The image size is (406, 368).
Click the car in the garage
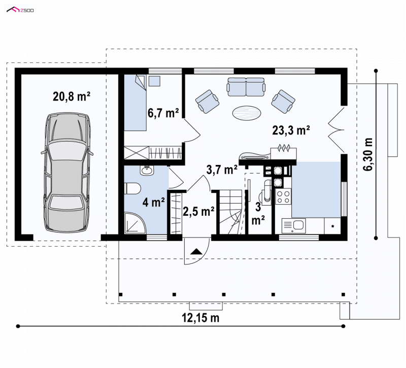pos(67,172)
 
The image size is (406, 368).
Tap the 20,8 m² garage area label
pos(72,96)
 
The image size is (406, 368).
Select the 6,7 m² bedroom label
pos(163,113)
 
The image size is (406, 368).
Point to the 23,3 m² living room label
pos(291,130)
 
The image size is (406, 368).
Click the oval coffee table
pos(247,113)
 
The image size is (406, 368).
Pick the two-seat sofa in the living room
pos(246,87)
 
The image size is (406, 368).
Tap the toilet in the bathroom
pos(132,188)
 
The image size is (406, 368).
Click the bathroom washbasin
pos(147,170)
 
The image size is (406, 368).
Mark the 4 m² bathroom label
pos(154,202)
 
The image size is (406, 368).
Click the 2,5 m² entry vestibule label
pos(198,211)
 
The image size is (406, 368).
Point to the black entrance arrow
pos(196,251)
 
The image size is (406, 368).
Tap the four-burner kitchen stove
pos(283,196)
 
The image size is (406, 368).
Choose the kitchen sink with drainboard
pos(294,225)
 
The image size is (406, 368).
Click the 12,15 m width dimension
pos(200,318)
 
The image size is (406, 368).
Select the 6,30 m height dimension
pos(367,154)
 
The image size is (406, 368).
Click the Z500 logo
pos(20,10)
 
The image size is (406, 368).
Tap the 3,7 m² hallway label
pos(222,170)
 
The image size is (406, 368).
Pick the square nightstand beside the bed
pos(155,81)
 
